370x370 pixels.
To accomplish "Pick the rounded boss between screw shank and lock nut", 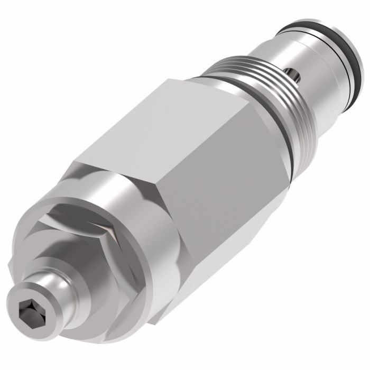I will tap(79, 264).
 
